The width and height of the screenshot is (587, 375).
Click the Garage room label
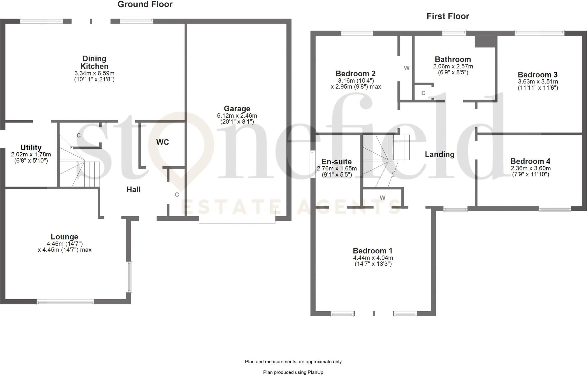click(x=237, y=109)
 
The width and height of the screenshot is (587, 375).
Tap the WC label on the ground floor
click(x=163, y=142)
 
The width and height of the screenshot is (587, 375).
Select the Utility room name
click(x=31, y=147)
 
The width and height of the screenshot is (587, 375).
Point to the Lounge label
click(x=64, y=237)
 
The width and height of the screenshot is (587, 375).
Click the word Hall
click(x=134, y=189)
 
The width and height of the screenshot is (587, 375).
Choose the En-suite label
click(x=336, y=162)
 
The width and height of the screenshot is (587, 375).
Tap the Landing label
click(x=440, y=154)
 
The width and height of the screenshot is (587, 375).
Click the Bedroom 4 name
click(x=531, y=161)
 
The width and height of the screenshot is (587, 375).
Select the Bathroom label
click(x=453, y=59)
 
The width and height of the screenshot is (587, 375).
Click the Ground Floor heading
click(x=145, y=4)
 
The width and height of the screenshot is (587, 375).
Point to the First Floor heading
click(x=448, y=16)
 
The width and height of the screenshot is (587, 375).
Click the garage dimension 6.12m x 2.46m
click(x=237, y=116)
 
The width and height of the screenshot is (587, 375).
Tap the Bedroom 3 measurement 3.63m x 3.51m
click(x=538, y=81)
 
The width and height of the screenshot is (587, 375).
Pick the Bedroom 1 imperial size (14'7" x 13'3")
click(x=373, y=264)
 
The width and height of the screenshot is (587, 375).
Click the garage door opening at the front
click(x=237, y=216)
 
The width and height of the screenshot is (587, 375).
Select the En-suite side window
click(x=312, y=164)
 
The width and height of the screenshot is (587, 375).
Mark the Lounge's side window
click(x=129, y=277)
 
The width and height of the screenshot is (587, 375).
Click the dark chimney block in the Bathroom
click(x=485, y=41)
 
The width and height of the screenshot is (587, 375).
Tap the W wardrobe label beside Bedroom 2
click(x=407, y=68)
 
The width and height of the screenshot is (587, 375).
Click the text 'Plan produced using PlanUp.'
click(x=294, y=372)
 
